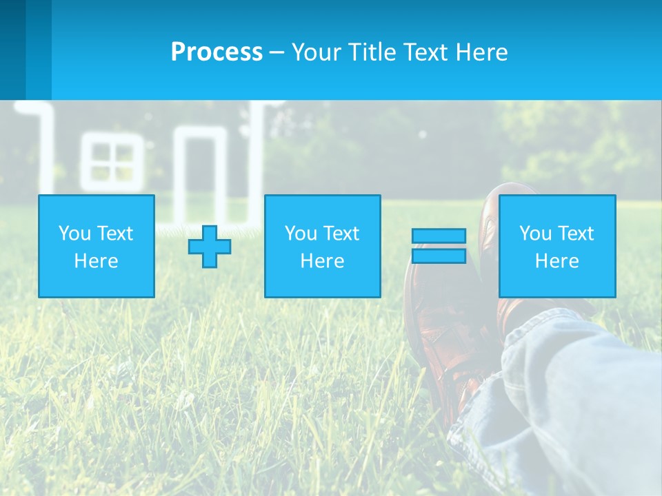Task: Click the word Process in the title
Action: (217, 52)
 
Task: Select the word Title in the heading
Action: (369, 52)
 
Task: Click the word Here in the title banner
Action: (482, 52)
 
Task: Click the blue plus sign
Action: (210, 247)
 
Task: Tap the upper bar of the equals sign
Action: (439, 236)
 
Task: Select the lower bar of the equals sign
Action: (439, 256)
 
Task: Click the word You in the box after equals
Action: (535, 234)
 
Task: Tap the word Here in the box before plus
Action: (96, 261)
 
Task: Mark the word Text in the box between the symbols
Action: (342, 234)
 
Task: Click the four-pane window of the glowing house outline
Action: (113, 162)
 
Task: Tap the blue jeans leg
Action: (565, 400)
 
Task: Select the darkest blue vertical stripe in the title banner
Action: (12, 48)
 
